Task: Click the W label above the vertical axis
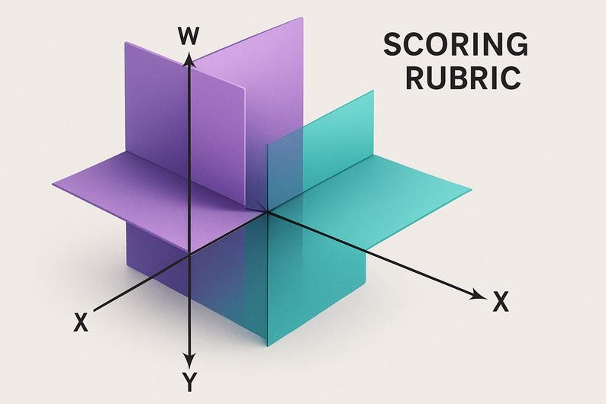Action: click(x=189, y=37)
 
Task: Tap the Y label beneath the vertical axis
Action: click(x=189, y=382)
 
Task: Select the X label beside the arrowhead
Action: click(x=501, y=301)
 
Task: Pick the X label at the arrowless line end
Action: click(x=81, y=322)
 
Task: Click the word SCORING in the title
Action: click(x=456, y=44)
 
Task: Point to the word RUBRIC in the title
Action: click(x=463, y=78)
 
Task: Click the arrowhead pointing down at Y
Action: click(x=189, y=361)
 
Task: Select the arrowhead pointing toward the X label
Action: click(x=479, y=295)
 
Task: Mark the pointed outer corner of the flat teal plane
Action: click(x=471, y=190)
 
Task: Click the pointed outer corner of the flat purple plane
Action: click(x=53, y=184)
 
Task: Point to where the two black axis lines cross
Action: click(x=189, y=255)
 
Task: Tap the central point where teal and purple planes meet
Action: click(x=267, y=211)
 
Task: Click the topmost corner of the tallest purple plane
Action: click(x=302, y=18)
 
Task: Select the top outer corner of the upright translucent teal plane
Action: click(x=373, y=91)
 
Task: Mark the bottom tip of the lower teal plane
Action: click(x=267, y=346)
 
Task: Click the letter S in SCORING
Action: click(x=393, y=44)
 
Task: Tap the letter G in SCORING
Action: click(x=517, y=44)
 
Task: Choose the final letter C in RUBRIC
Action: click(x=511, y=78)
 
